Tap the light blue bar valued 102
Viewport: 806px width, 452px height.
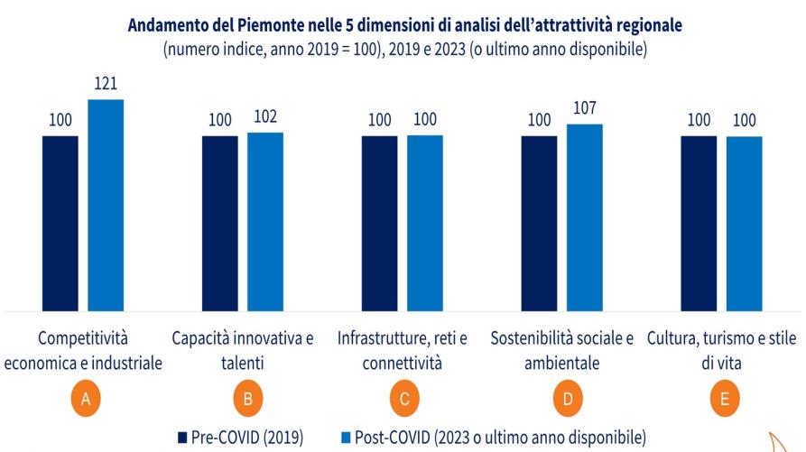point(265,221)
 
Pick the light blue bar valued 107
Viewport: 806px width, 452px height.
point(584,217)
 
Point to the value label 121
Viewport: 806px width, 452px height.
point(106,84)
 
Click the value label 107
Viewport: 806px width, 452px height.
point(584,108)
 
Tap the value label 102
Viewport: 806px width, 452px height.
point(265,117)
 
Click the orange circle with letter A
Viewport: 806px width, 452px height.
point(84,400)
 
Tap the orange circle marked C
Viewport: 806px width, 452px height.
point(403,400)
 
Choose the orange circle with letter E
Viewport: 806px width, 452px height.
point(723,400)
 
